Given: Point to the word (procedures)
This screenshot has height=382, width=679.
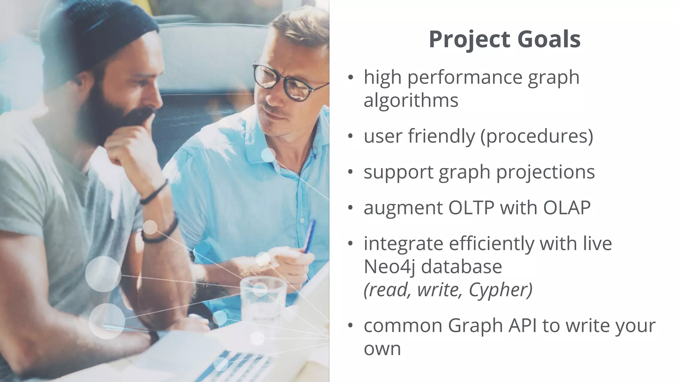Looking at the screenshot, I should [537, 136].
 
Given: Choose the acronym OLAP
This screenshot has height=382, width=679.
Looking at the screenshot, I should [567, 208].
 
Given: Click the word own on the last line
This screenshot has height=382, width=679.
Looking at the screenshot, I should [382, 349].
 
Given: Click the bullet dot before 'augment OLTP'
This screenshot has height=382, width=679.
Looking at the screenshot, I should [351, 208].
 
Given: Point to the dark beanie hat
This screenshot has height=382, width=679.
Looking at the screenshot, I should [99, 33].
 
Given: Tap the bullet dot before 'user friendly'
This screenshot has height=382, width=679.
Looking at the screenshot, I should [351, 137].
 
